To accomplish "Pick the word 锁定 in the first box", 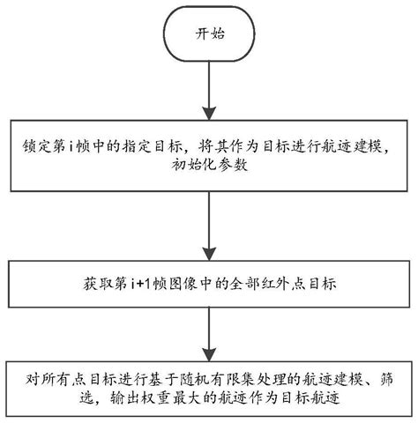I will click(31, 145).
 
